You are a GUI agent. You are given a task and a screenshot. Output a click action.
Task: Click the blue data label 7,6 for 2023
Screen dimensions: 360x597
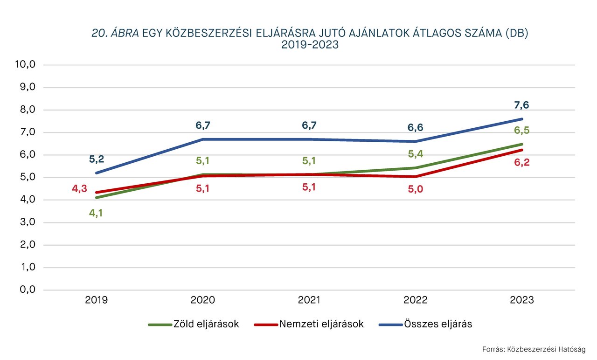[522, 105]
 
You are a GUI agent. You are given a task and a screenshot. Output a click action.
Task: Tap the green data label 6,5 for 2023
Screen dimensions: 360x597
[522, 131]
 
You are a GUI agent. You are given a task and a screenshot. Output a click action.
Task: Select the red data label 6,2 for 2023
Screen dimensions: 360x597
[522, 163]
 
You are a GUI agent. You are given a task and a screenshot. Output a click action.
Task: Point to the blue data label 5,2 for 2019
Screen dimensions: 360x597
[97, 159]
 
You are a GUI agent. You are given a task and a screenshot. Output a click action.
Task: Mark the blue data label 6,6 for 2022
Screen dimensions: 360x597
[416, 128]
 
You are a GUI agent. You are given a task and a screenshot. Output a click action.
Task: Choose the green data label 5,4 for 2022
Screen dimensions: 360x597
[416, 154]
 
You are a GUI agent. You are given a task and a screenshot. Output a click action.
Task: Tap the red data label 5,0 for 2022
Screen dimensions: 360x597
[416, 190]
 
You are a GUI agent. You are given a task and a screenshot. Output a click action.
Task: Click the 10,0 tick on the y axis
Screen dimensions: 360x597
[26, 65]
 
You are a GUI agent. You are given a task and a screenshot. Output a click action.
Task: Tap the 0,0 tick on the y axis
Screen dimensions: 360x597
[27, 290]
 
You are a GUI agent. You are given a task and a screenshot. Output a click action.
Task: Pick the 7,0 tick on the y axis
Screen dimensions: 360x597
[27, 132]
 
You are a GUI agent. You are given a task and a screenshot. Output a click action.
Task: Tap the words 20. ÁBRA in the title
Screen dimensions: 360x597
[115, 34]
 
